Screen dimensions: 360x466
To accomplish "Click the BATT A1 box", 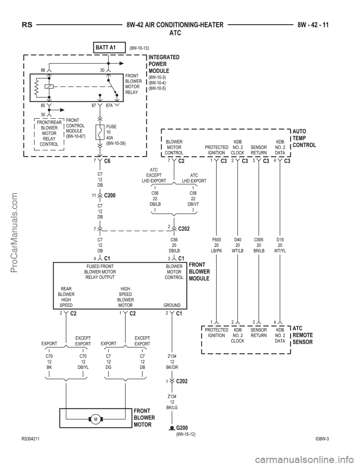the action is coord(109,47).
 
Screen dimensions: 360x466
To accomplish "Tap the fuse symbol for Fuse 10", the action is coord(100,132).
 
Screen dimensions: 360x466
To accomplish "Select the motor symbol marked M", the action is coord(96,419).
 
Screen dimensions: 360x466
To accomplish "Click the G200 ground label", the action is coord(182,428).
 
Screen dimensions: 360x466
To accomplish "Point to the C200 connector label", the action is coord(110,195).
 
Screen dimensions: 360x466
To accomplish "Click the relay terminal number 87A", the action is coord(109,105).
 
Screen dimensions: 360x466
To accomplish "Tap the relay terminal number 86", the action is coord(43,70).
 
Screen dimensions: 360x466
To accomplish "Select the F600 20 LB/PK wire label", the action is coord(216,245).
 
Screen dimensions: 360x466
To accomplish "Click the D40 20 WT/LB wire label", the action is coord(238,245).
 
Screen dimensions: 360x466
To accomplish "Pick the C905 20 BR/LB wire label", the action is coord(259,245).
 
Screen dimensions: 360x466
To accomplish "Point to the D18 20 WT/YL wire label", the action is coord(280,245).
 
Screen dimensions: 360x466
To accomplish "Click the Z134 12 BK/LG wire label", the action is coord(172,402).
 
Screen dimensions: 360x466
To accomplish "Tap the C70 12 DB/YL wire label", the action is coord(83,362).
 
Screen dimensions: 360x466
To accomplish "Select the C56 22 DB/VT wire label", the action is coord(193,198).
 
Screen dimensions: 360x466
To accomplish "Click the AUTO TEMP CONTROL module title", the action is coord(304,138).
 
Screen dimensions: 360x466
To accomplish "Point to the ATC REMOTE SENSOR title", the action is coord(303,335).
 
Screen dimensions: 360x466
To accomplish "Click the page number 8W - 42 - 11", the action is coord(313,25).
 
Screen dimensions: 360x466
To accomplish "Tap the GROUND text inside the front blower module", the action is coord(172,305).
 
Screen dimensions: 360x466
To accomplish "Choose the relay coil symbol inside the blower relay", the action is coord(49,86).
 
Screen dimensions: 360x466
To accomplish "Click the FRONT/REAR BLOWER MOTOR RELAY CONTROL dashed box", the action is coord(49,134).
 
